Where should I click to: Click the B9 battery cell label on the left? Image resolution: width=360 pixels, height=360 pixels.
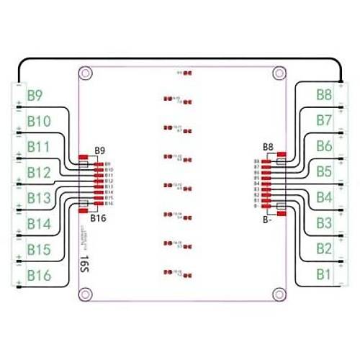pyautogui.click(x=36, y=94)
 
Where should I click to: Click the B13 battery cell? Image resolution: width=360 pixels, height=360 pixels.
pyautogui.click(x=39, y=198)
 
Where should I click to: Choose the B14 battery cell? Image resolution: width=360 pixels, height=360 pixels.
pyautogui.click(x=39, y=224)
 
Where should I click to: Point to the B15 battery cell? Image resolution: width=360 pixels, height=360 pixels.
pyautogui.click(x=39, y=250)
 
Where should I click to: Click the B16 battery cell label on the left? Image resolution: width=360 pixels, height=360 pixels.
pyautogui.click(x=39, y=276)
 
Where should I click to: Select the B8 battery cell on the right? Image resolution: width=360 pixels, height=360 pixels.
pyautogui.click(x=323, y=94)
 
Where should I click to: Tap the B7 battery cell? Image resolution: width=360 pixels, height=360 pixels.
pyautogui.click(x=323, y=120)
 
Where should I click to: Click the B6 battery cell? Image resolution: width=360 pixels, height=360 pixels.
pyautogui.click(x=323, y=146)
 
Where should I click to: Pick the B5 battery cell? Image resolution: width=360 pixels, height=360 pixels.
pyautogui.click(x=323, y=172)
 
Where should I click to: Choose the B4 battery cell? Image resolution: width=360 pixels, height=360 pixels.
pyautogui.click(x=323, y=198)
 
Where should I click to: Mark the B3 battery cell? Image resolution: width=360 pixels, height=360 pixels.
pyautogui.click(x=323, y=224)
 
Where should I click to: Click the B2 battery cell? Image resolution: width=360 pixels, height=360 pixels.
pyautogui.click(x=323, y=250)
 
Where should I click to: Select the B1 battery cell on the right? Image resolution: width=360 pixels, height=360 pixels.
pyautogui.click(x=323, y=275)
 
